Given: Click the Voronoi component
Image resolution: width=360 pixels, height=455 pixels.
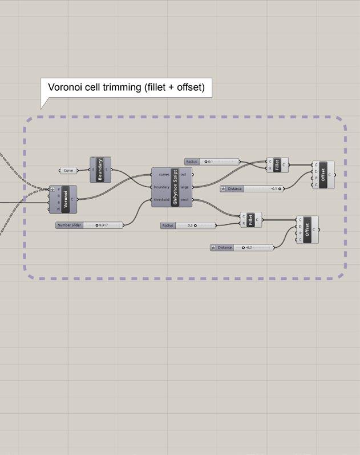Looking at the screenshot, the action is pyautogui.click(x=67, y=199).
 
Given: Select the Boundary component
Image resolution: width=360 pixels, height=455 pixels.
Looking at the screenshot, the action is pyautogui.click(x=100, y=170).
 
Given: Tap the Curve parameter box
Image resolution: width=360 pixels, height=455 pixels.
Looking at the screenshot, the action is pyautogui.click(x=68, y=170).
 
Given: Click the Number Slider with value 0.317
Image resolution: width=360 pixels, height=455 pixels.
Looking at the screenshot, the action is pyautogui.click(x=89, y=225).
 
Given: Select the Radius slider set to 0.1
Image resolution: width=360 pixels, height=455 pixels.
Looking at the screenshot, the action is pyautogui.click(x=212, y=162).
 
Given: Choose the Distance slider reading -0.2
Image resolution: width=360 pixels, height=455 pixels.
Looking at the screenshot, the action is pyautogui.click(x=242, y=248).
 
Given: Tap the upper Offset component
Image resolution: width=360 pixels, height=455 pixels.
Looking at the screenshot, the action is pyautogui.click(x=323, y=175).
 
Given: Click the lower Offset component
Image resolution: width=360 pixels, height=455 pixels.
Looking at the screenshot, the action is pyautogui.click(x=308, y=229).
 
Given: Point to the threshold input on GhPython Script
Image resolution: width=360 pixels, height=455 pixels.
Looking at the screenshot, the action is pyautogui.click(x=162, y=200).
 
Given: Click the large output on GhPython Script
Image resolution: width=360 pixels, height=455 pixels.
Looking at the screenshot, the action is pyautogui.click(x=185, y=187).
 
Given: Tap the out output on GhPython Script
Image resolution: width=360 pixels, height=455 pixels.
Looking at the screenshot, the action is pyautogui.click(x=184, y=174).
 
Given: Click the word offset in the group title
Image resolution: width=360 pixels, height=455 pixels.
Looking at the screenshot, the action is pyautogui.click(x=187, y=88).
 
